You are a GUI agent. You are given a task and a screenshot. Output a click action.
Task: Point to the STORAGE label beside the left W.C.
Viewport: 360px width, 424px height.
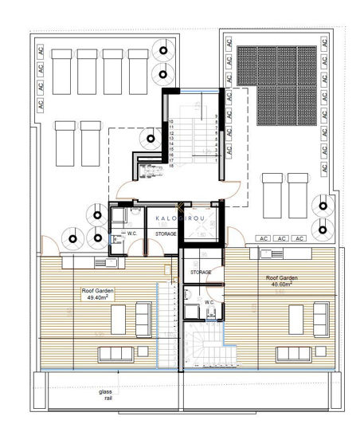pos(166,234)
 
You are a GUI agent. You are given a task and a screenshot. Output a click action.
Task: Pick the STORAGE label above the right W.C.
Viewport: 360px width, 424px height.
pos(201,273)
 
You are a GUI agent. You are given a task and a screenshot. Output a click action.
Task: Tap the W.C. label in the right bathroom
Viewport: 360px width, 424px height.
pos(209,303)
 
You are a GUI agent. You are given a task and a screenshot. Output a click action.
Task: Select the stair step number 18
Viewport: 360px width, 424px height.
pos(170,165)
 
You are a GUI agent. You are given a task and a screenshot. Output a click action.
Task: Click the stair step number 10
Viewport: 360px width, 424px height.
pos(170,122)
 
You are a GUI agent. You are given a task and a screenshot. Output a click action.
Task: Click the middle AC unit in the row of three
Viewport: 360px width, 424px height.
pos(282,238)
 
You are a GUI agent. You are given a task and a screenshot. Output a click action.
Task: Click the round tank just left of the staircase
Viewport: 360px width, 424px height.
pos(150,137)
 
